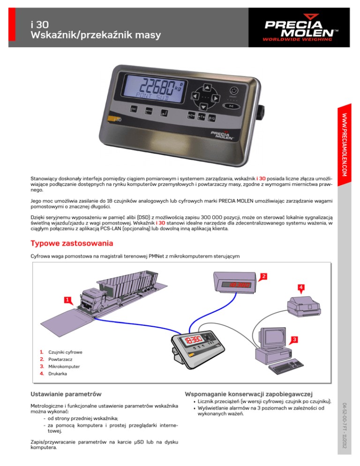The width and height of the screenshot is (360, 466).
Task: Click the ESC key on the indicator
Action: [x=134, y=109]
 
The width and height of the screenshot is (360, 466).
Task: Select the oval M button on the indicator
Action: [x=234, y=107]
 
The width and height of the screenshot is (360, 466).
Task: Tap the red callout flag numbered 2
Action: [x=264, y=275]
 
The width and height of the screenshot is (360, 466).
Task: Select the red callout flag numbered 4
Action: [x=302, y=286]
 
